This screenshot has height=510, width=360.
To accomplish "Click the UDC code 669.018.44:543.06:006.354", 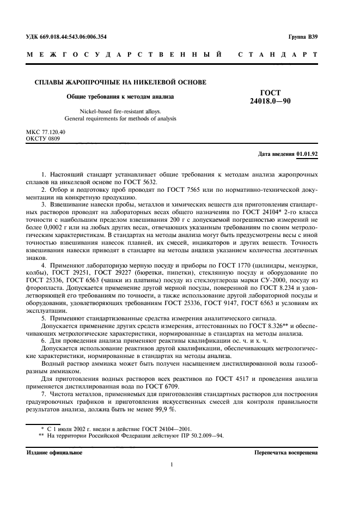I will (74, 37).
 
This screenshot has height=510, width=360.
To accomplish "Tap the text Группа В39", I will (303, 37).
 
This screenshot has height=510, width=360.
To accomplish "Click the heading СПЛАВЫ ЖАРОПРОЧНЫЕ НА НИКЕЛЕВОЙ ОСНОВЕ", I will (117, 82).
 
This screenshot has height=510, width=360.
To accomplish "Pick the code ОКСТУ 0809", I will (43, 139).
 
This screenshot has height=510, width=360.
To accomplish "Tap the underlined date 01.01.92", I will (307, 154).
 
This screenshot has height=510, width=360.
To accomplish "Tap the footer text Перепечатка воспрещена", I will (285, 453).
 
